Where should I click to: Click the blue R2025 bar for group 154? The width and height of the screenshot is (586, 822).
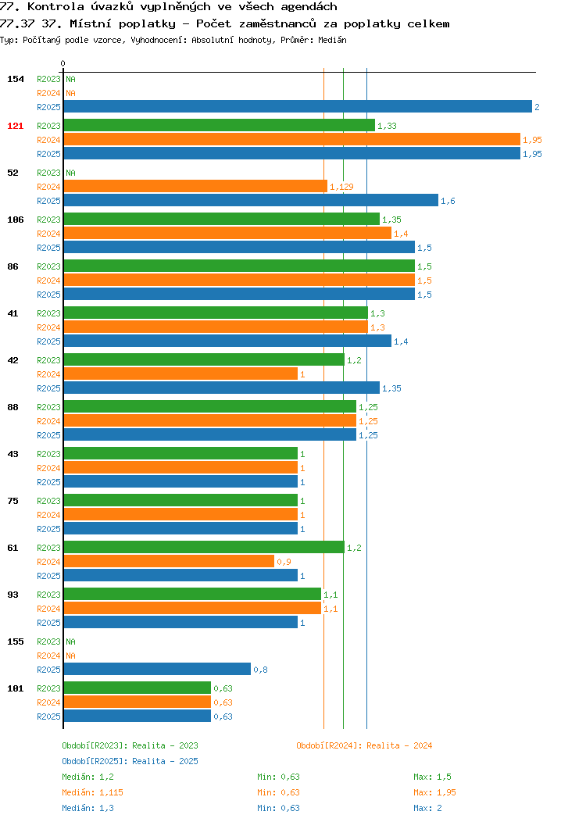[x=298, y=106]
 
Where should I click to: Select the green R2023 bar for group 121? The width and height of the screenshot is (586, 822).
[x=220, y=125]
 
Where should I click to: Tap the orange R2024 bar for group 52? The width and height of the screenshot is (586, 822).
[x=195, y=186]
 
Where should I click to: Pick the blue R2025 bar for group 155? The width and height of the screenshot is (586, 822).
[x=157, y=669]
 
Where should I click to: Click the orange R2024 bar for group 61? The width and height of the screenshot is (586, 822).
[x=169, y=561]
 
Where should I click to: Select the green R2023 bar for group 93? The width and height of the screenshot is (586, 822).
[x=192, y=594]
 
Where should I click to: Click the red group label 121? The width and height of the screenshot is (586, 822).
[x=15, y=126]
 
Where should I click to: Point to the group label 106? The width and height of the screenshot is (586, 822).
[x=15, y=220]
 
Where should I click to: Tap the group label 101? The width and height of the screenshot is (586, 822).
[x=15, y=688]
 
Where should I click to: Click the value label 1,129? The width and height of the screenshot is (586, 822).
[x=341, y=187]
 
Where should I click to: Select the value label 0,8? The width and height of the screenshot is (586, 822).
[x=260, y=670]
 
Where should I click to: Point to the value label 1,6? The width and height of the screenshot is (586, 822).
[x=448, y=201]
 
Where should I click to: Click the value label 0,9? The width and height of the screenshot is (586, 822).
[x=284, y=562]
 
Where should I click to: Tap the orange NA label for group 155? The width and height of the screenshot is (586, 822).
[x=71, y=656]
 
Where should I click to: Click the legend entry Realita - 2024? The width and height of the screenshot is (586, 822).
[x=399, y=745]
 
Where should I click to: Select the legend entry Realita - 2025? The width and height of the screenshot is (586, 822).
[x=165, y=761]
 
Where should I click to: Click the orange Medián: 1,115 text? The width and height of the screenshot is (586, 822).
[x=93, y=792]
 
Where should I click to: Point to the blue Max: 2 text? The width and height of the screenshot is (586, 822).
[x=427, y=808]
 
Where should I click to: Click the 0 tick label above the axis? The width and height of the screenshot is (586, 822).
[x=63, y=63]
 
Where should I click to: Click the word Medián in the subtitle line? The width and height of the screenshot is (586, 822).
[x=332, y=40]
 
